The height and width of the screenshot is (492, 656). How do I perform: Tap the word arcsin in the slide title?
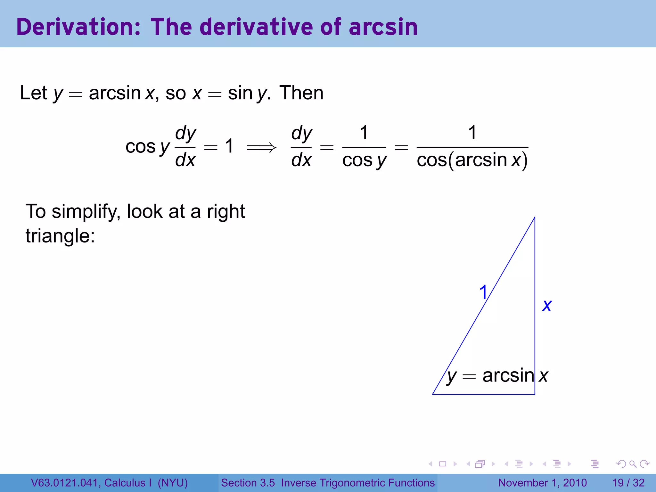(x=383, y=27)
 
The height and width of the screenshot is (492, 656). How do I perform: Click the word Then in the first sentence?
(x=301, y=93)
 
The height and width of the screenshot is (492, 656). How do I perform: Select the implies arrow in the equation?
(x=261, y=147)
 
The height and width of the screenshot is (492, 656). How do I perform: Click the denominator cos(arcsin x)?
(x=472, y=160)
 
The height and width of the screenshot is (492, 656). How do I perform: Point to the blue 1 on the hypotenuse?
(x=483, y=292)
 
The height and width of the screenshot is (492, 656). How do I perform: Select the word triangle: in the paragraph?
(x=60, y=236)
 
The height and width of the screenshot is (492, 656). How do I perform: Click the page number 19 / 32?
(x=628, y=483)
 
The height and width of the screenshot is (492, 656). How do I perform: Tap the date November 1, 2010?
(x=542, y=483)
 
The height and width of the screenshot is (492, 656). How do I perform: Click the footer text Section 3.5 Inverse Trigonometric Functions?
(x=328, y=483)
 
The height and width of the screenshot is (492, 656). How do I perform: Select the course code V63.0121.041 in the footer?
(x=64, y=483)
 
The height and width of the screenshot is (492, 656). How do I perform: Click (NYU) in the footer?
(x=173, y=483)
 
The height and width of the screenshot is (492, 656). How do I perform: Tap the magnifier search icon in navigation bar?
(x=633, y=464)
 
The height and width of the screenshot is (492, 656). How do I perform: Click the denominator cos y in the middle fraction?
(x=364, y=160)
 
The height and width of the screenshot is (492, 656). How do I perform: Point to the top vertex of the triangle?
(x=535, y=217)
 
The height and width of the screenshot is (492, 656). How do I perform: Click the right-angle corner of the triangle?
(x=535, y=394)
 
